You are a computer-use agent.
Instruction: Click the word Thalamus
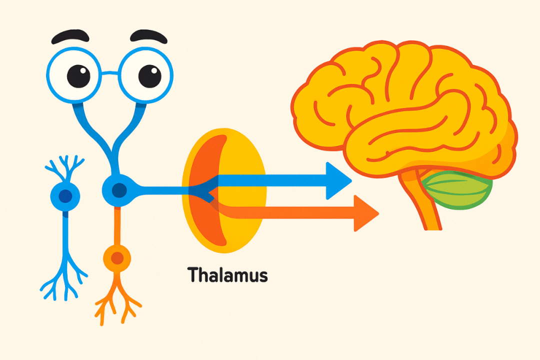[227, 275]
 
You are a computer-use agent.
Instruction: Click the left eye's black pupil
[78, 75]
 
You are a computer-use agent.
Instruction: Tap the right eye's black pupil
[149, 75]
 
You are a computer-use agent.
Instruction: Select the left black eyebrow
[70, 37]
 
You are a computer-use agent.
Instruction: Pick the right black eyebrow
[148, 36]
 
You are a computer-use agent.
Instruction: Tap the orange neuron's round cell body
[117, 258]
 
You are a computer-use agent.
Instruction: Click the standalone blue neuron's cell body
[65, 196]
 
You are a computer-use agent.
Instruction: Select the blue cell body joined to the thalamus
[118, 189]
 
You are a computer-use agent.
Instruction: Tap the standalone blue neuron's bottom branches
[64, 280]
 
